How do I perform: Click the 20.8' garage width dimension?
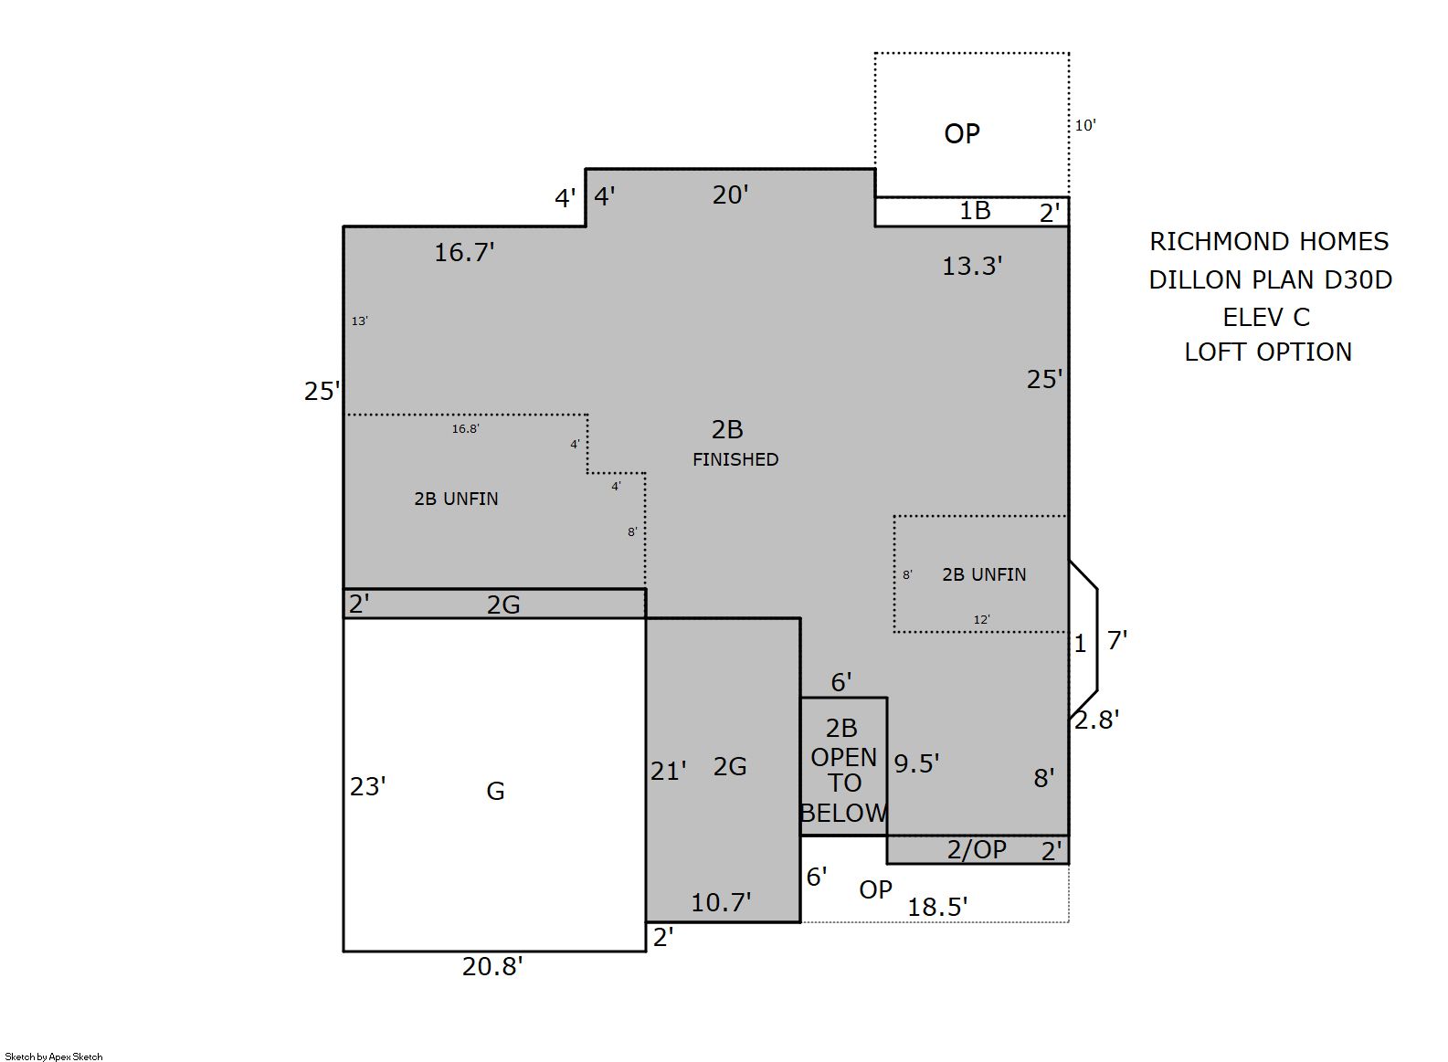(x=491, y=966)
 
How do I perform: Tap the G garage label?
(x=495, y=791)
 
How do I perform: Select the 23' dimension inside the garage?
(x=368, y=786)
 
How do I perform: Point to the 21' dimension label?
(x=669, y=771)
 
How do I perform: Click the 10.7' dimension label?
(x=721, y=902)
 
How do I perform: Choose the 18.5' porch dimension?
(x=937, y=907)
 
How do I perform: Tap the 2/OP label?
(x=977, y=850)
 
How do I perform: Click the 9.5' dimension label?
(x=916, y=763)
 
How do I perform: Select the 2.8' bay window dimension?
(x=1096, y=720)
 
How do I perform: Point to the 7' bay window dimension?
(x=1117, y=640)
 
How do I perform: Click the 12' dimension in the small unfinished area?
(x=981, y=619)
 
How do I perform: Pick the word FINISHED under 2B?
(x=735, y=459)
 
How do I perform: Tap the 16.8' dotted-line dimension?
(x=465, y=428)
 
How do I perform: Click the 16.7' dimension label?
(x=464, y=253)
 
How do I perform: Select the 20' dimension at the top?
(x=731, y=195)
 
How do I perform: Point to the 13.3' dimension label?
(x=972, y=266)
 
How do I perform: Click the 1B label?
(x=975, y=211)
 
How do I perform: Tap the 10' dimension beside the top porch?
(x=1085, y=125)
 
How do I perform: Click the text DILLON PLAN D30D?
(x=1270, y=279)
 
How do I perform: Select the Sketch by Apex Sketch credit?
(x=54, y=1057)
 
